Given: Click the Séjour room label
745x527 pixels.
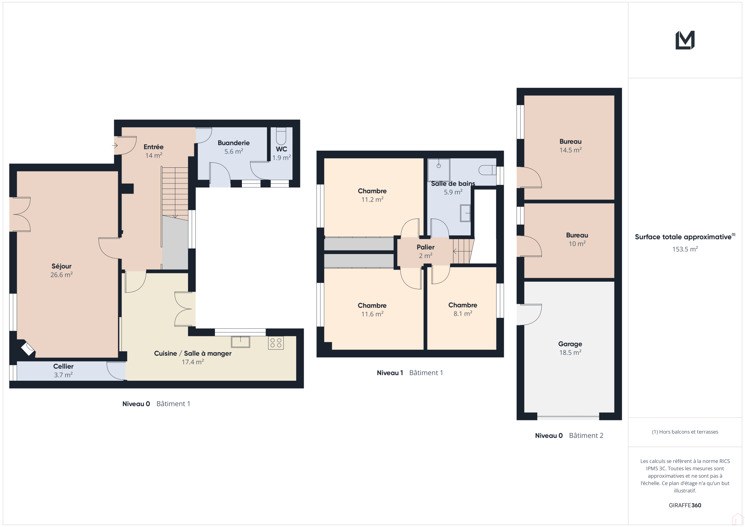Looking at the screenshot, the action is [61, 266].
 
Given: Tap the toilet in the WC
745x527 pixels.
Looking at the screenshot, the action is [281, 136].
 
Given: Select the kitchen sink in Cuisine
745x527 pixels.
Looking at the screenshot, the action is [240, 342].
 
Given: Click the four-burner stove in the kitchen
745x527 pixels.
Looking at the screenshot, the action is [276, 343].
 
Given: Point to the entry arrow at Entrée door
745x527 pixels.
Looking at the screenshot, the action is [115, 146].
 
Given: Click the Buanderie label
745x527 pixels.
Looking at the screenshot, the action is [234, 143].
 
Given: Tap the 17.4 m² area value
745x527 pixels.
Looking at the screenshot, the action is [193, 362].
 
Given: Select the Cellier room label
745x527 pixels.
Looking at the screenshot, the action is [63, 366].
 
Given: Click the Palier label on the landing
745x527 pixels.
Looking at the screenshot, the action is [426, 247].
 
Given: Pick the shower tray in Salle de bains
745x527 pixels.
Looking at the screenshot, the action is [439, 170].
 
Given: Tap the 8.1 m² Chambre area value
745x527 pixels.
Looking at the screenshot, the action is [463, 314].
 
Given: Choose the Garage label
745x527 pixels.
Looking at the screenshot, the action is [570, 344].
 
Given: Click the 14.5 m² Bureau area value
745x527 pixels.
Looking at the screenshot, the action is [570, 150].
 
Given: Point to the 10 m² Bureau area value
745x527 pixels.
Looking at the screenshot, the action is [577, 244].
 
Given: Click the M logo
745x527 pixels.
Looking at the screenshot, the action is [685, 40].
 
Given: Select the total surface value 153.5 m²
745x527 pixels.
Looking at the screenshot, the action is [685, 249].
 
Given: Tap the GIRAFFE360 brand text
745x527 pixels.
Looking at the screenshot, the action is [685, 505].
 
